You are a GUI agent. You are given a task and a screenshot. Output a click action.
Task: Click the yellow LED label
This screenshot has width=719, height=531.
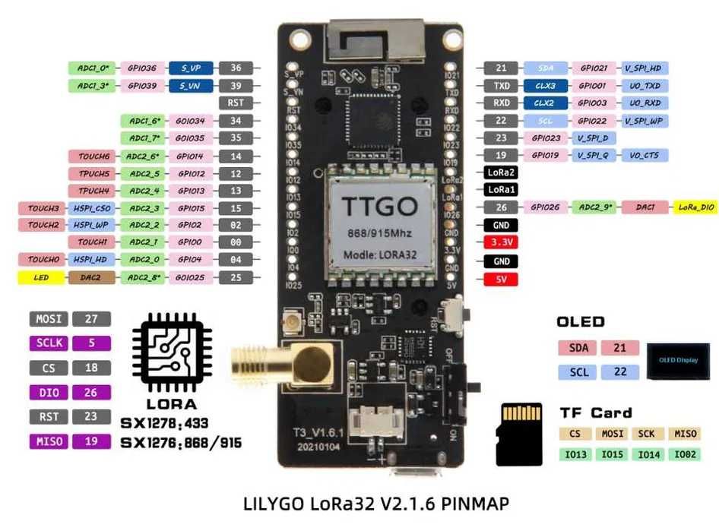point(42,278)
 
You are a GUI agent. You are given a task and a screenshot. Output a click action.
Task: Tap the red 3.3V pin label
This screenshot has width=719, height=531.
point(501,242)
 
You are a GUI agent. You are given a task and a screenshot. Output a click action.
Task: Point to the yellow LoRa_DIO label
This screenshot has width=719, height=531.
point(696,207)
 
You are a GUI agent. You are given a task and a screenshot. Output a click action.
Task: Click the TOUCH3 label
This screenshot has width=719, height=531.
point(43,208)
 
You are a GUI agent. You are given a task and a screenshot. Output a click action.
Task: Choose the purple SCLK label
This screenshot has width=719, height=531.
point(49,343)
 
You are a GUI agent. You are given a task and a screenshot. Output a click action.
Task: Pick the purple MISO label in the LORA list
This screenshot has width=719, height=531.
point(49,441)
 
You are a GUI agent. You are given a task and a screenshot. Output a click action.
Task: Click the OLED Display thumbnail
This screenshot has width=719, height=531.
point(677,359)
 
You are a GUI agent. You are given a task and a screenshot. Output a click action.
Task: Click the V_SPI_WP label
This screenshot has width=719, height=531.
point(645,120)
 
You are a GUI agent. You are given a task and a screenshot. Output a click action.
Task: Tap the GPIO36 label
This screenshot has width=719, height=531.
point(141,68)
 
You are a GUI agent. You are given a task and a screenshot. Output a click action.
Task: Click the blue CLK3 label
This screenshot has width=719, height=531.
point(544,86)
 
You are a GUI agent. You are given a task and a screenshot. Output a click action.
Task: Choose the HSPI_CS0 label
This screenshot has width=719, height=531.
point(93,208)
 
